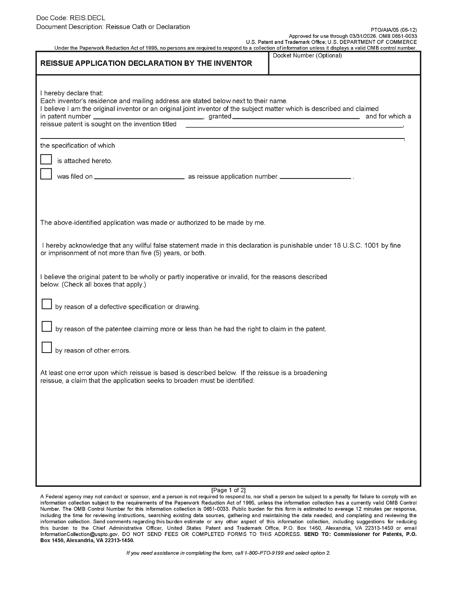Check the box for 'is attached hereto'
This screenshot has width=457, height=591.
pos(46,159)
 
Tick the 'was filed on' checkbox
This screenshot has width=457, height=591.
pos(46,174)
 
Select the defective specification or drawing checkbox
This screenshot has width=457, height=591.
pos(47,304)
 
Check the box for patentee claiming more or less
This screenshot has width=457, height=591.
pos(47,327)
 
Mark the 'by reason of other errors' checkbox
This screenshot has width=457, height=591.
pos(47,348)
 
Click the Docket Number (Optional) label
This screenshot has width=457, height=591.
pos(307,56)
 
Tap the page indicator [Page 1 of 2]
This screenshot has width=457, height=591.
pos(228,490)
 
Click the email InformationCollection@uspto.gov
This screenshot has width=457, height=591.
pos(79,534)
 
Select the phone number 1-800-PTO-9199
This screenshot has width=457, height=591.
pos(264,553)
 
